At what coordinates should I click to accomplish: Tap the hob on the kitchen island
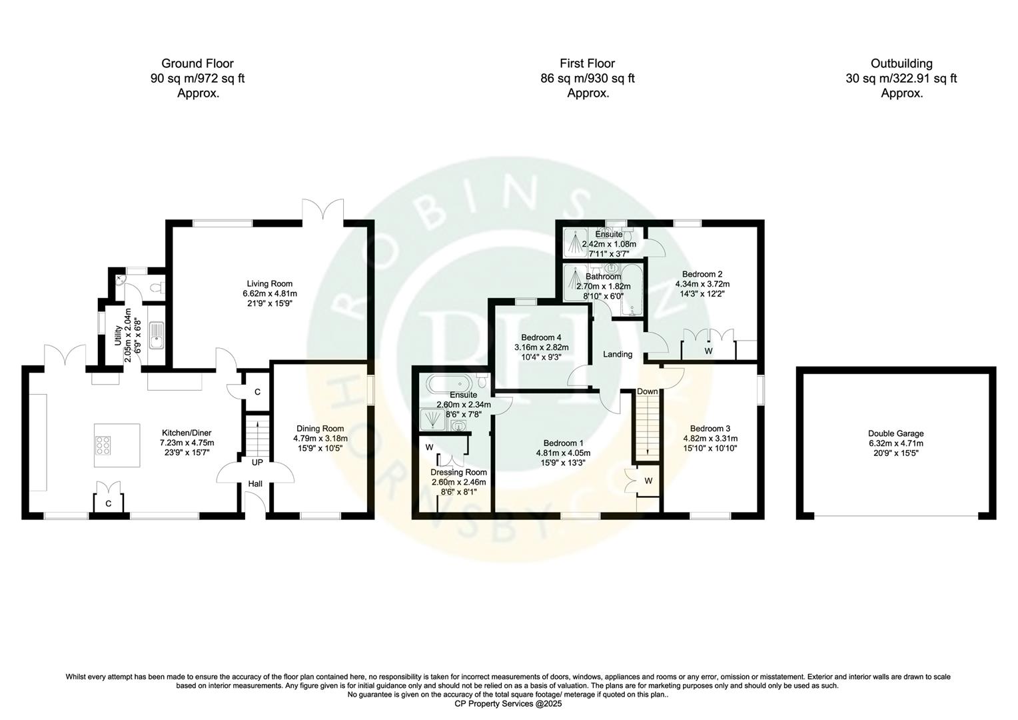(x=105, y=445)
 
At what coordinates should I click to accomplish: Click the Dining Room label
(x=320, y=429)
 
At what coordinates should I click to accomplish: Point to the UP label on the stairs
(x=256, y=462)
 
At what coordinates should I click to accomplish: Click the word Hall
(x=255, y=484)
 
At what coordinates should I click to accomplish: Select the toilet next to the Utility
(x=157, y=288)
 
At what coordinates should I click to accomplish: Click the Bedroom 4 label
(x=541, y=337)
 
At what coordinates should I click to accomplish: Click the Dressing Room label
(x=458, y=473)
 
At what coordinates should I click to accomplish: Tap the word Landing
(x=618, y=355)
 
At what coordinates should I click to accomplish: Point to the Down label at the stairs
(x=647, y=391)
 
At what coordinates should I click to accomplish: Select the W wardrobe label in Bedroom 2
(x=708, y=351)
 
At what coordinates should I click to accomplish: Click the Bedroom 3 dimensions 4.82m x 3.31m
(x=710, y=439)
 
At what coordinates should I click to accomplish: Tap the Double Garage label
(x=896, y=433)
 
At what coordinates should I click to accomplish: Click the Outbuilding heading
(x=901, y=64)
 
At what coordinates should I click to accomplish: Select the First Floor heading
(x=587, y=64)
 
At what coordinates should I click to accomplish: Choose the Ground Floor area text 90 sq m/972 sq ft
(x=198, y=79)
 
